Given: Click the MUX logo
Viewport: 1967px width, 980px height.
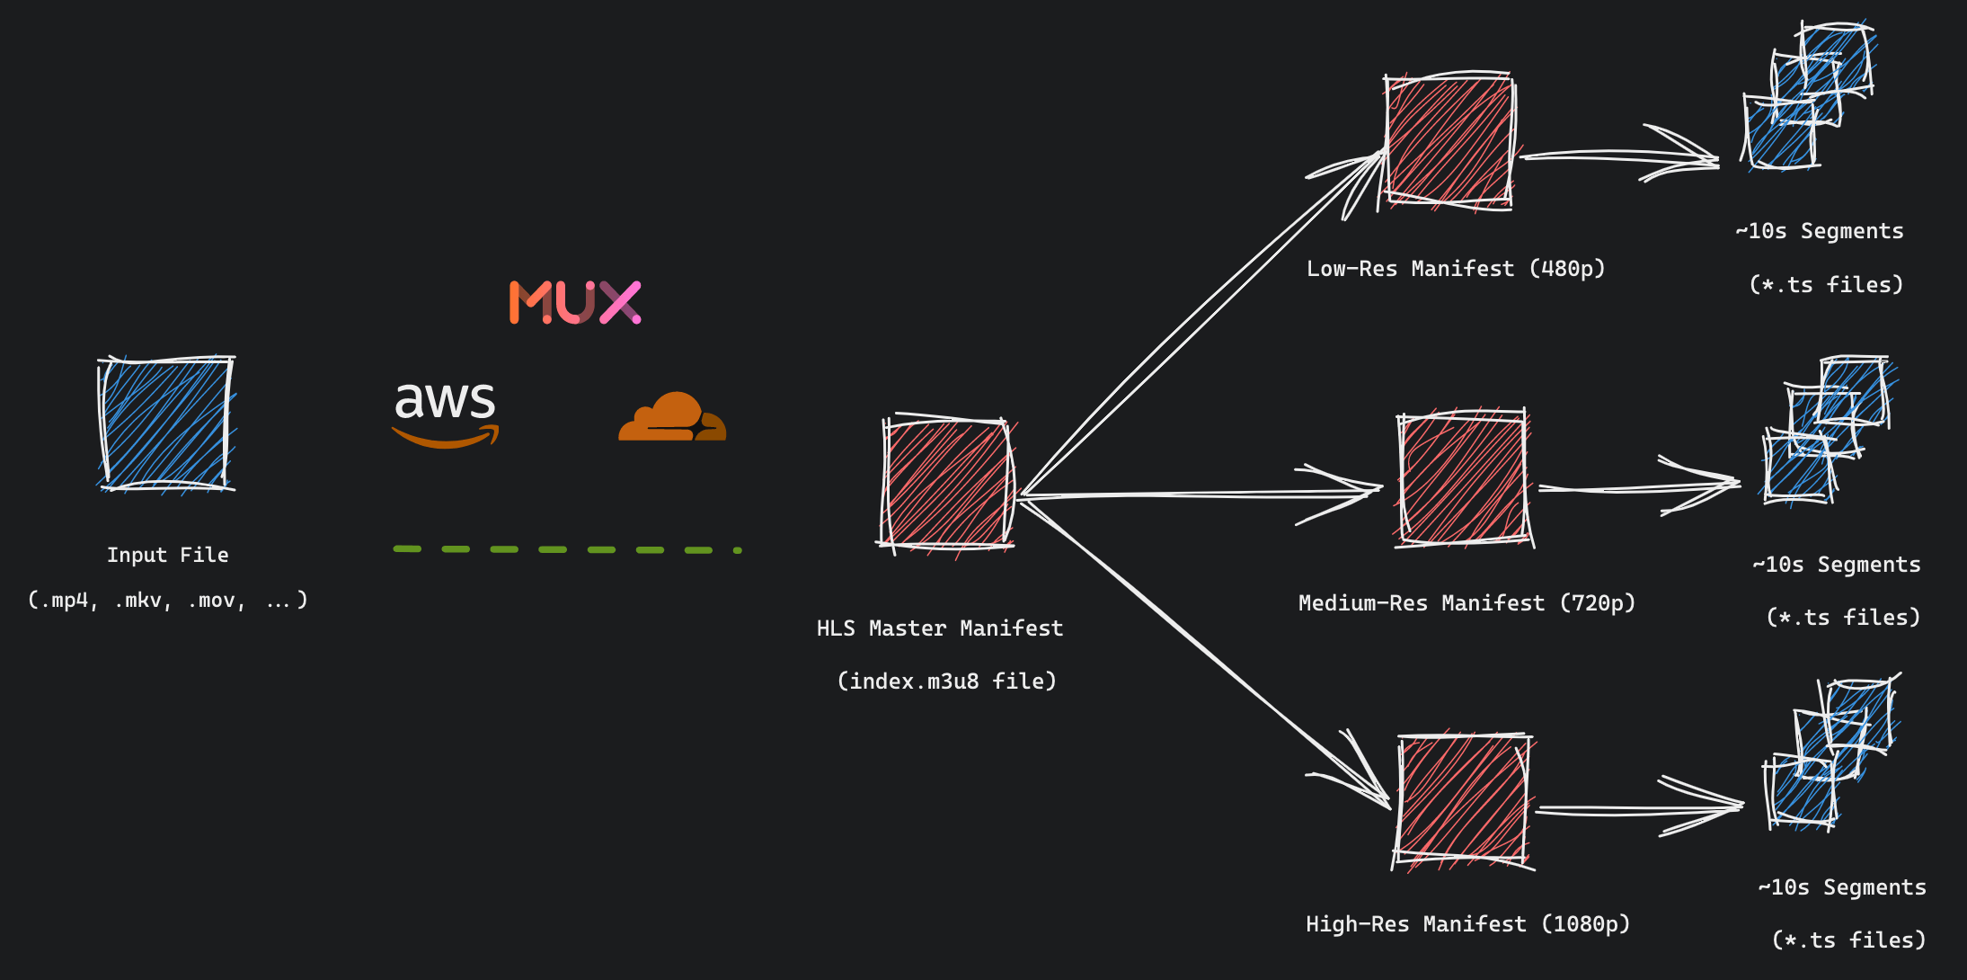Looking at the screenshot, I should tap(575, 302).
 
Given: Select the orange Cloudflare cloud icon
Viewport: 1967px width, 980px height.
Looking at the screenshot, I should tap(672, 418).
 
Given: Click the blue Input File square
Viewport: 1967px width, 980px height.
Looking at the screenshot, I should tap(166, 423).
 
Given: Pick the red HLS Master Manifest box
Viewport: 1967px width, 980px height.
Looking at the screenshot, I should tap(947, 484).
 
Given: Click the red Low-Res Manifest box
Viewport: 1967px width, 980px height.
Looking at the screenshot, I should tap(1449, 140).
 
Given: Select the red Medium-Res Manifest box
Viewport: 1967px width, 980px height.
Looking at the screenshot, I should tap(1463, 477).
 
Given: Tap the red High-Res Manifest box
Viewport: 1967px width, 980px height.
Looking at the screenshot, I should tap(1463, 800).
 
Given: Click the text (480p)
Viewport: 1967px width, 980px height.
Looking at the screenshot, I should tap(1566, 269).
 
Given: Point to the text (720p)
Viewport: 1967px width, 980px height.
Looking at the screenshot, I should tap(1597, 603).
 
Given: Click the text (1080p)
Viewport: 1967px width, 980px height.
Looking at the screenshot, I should tap(1585, 924).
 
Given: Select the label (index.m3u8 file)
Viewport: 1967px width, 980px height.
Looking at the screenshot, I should tap(946, 682).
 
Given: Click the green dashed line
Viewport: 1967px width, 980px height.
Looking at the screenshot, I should tap(566, 549).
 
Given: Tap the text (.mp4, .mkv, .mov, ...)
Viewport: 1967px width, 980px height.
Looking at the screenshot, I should tap(168, 601).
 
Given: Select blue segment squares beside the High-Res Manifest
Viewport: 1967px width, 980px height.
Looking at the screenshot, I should tap(1829, 755).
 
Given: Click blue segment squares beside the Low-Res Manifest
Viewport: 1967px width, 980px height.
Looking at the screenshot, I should tap(1806, 94).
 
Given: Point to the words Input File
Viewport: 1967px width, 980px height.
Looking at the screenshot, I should tap(168, 556).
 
